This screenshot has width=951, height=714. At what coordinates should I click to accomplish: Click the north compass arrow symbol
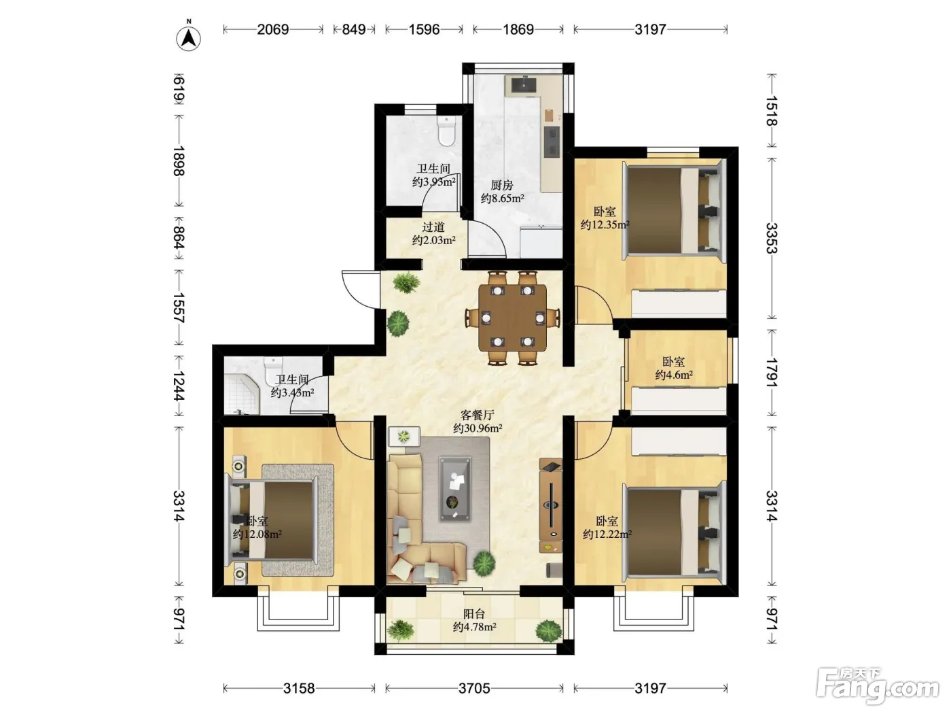(188, 37)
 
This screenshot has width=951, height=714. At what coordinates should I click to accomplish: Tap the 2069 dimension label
(272, 29)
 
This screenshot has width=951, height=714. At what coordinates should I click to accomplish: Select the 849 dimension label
(353, 29)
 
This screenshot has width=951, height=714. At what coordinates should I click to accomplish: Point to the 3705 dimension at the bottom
(474, 688)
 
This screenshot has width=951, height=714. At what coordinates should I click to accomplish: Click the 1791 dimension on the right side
(772, 373)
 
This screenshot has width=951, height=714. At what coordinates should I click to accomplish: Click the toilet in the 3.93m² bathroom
(446, 130)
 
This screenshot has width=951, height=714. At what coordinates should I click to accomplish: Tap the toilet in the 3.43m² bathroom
(273, 370)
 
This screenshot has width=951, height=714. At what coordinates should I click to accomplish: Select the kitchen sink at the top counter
(524, 84)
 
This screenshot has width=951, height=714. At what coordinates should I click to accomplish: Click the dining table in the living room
(512, 318)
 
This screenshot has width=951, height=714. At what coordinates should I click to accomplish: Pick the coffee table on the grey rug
(455, 488)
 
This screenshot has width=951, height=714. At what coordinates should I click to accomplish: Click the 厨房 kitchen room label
(502, 185)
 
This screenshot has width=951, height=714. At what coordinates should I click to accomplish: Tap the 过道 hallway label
(433, 226)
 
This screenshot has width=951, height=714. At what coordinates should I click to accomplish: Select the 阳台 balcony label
(474, 614)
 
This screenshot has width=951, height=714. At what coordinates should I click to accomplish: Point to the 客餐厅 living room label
(477, 415)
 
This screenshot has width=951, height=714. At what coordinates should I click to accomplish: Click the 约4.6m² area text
(674, 375)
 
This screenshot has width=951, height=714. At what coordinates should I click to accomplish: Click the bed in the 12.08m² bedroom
(273, 520)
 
